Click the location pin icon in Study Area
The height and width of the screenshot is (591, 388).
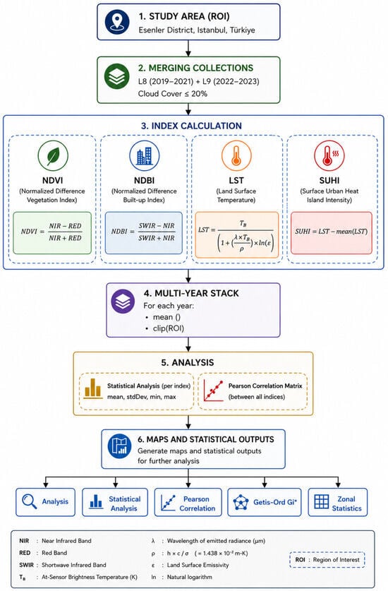point(117,22)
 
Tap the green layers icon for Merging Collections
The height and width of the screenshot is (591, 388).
point(117,76)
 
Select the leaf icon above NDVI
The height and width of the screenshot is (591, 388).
point(53,155)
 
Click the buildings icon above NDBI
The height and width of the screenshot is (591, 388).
point(145,155)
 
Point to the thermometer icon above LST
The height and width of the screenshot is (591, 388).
point(236,155)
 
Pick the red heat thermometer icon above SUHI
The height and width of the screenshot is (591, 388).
point(329,155)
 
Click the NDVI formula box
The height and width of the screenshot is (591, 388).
point(52,232)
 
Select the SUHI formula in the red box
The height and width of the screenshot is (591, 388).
point(331,232)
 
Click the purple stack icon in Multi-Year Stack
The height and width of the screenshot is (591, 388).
point(123,302)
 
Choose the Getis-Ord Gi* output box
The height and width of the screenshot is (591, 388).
point(265,502)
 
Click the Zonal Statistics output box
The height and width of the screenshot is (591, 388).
point(337,502)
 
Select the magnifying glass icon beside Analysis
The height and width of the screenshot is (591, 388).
point(30,501)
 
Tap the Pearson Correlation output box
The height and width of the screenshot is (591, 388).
point(188,502)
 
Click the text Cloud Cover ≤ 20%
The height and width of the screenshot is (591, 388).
point(173,94)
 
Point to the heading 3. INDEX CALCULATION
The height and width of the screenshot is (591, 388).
point(191,126)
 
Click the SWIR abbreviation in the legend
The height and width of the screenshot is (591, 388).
point(26,565)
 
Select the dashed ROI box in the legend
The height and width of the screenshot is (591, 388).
point(327,559)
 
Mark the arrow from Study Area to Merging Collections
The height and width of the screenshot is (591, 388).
point(188,48)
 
